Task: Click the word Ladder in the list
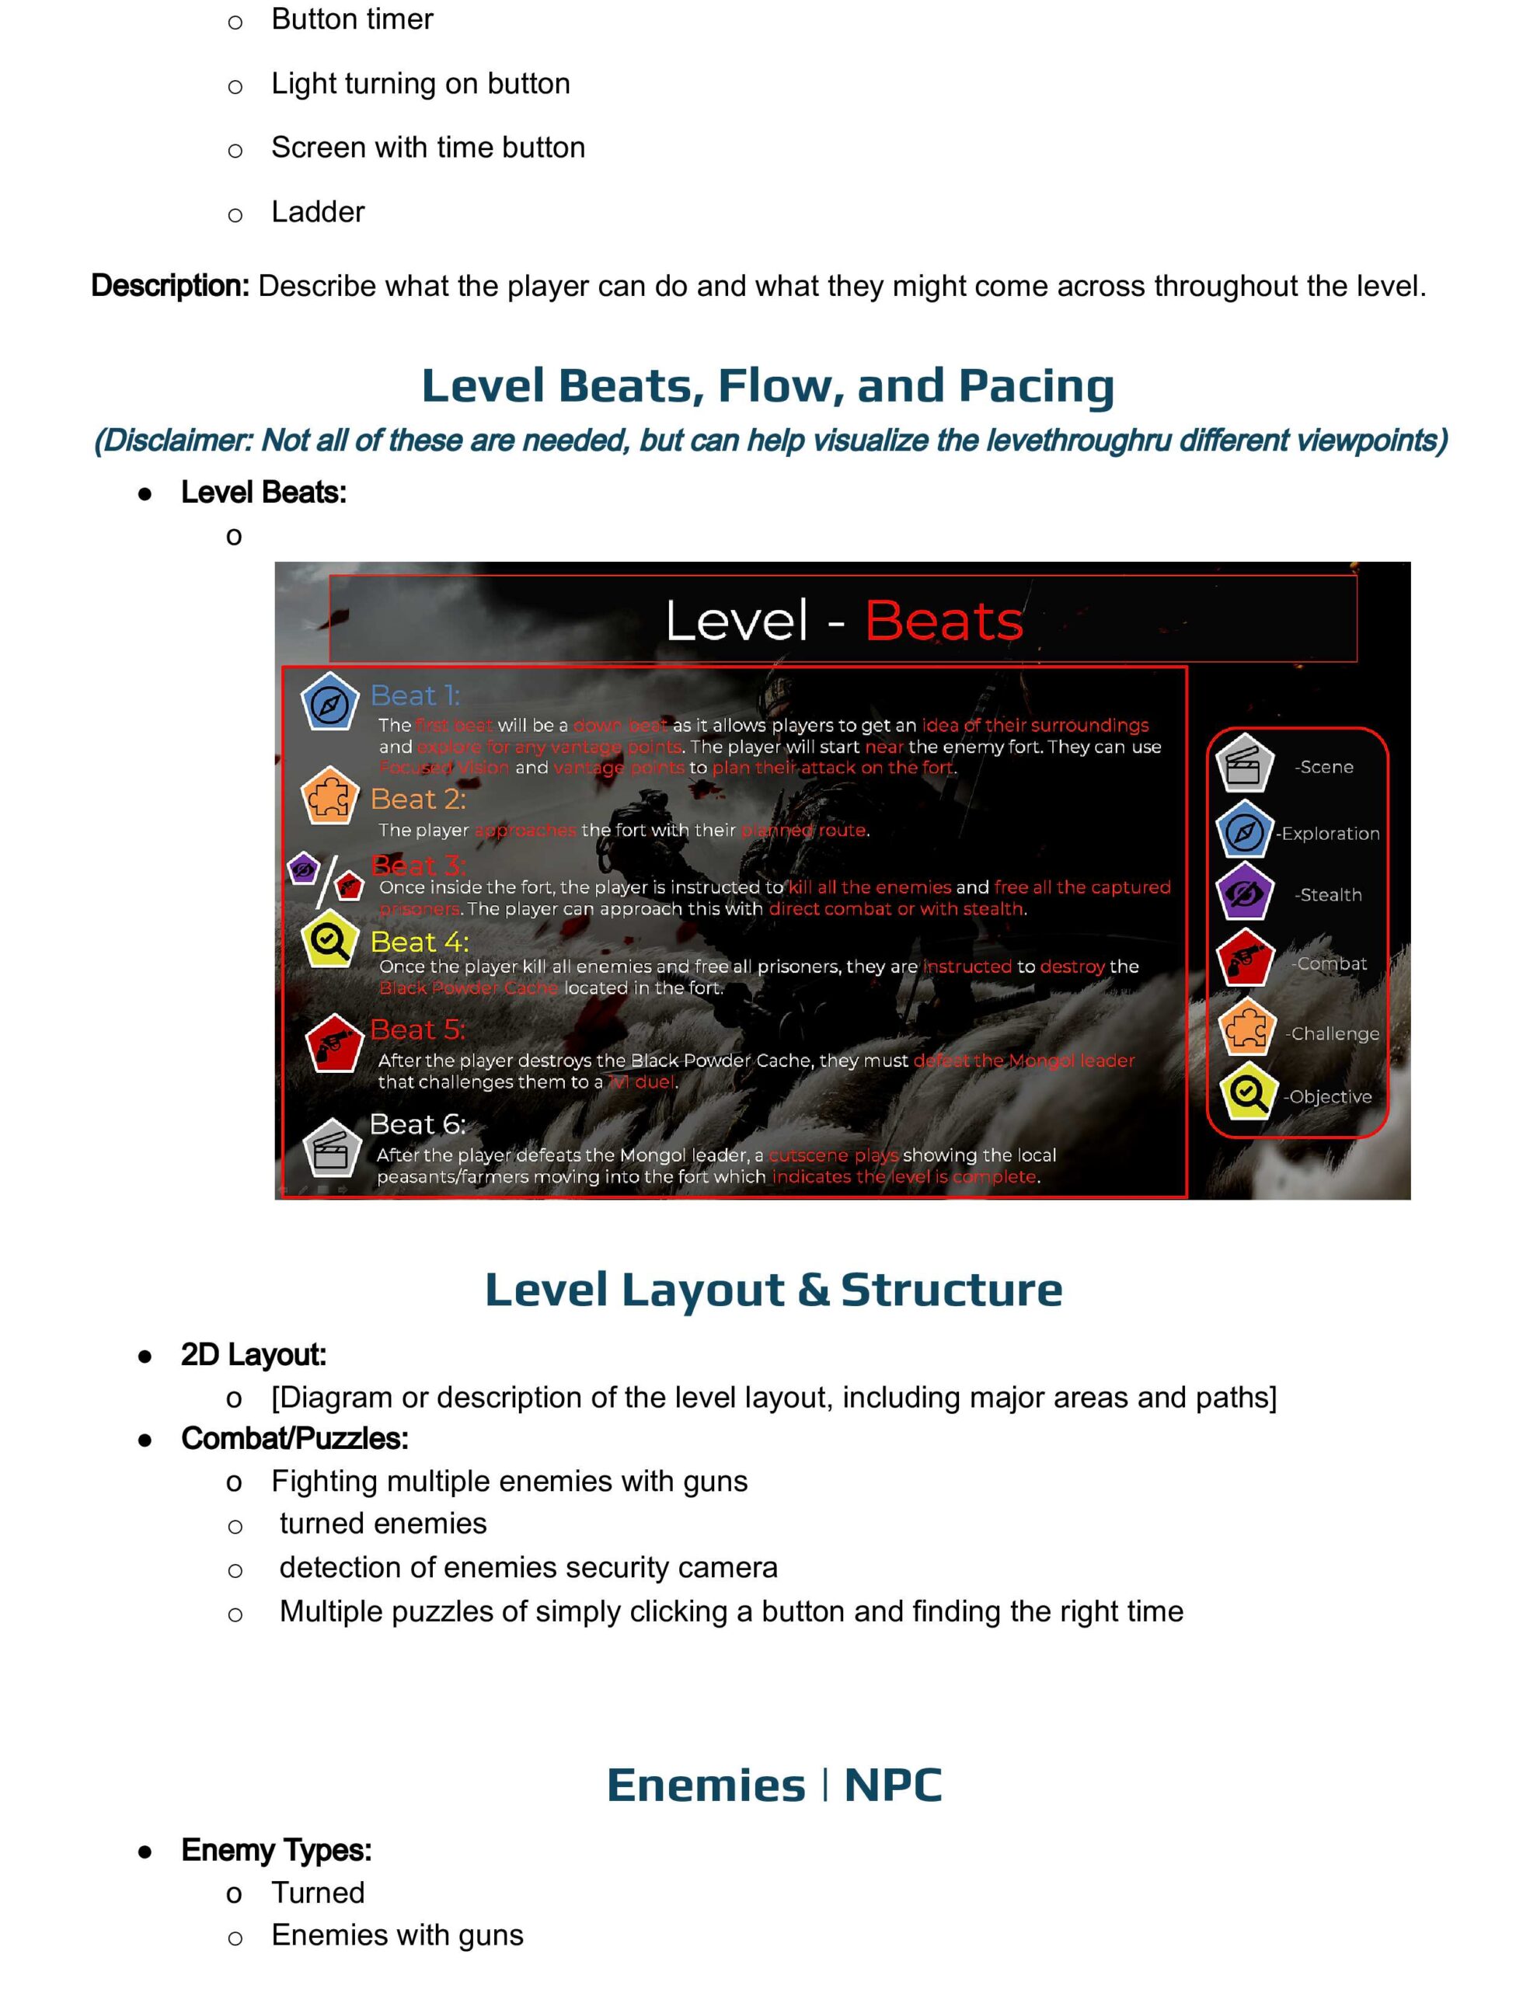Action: (x=317, y=212)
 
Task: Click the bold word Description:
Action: (x=169, y=286)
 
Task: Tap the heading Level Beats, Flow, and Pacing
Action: (x=767, y=385)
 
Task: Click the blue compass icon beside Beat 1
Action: (x=329, y=703)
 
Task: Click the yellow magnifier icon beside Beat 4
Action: (x=329, y=941)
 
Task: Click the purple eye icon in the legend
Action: (x=1243, y=894)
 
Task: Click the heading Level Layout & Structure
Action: (x=772, y=1290)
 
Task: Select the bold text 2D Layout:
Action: (x=253, y=1354)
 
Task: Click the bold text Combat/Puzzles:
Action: (x=295, y=1438)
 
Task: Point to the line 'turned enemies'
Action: (x=382, y=1524)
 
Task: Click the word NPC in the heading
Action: (x=892, y=1785)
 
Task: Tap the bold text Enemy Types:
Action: (x=276, y=1850)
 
